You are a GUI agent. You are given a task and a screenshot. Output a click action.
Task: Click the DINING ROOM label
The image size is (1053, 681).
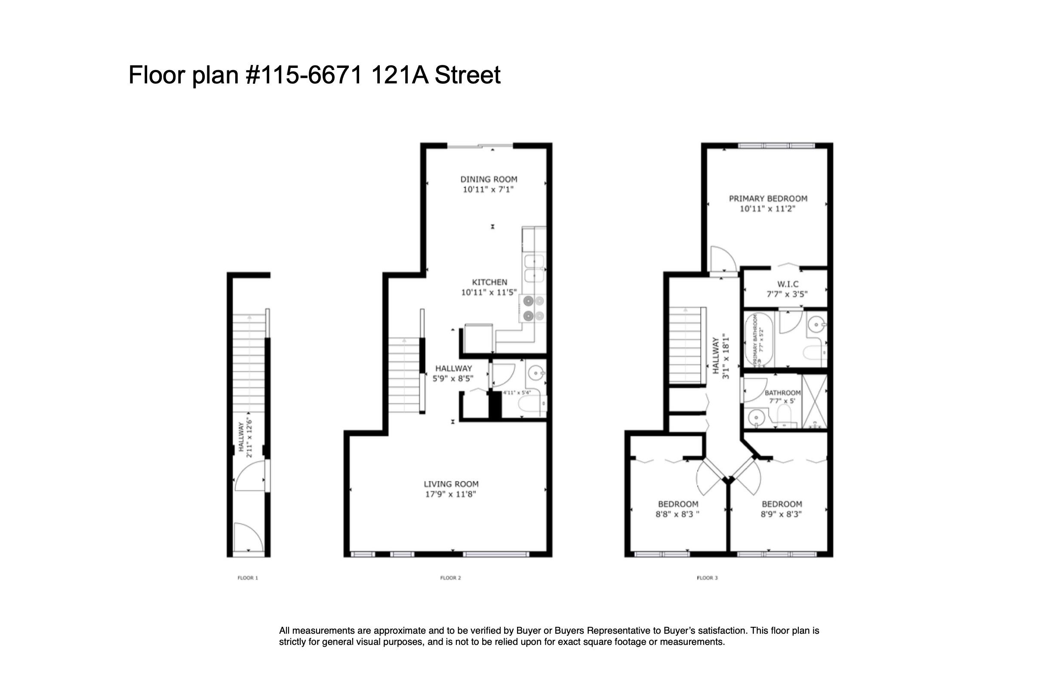tap(489, 179)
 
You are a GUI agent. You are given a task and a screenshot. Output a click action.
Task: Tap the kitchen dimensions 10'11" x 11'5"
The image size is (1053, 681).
tap(489, 292)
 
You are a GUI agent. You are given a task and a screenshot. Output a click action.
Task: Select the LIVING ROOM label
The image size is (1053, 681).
tap(451, 484)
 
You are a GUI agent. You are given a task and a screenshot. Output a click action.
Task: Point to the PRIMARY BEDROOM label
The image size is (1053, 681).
tap(768, 199)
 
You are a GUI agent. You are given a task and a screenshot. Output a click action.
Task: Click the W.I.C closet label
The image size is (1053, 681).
tap(788, 284)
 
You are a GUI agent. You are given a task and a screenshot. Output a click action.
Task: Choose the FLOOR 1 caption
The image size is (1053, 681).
tap(248, 577)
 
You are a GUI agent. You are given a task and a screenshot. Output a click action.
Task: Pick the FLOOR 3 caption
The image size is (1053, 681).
tap(707, 577)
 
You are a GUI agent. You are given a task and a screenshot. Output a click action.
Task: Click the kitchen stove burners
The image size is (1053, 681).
tap(533, 309)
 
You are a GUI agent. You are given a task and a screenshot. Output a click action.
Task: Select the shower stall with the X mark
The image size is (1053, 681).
tap(815, 401)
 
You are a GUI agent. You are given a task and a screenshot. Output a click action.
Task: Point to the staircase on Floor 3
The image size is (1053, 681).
tap(686, 345)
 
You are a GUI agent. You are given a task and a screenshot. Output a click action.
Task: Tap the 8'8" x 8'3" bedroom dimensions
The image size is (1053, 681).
tap(677, 514)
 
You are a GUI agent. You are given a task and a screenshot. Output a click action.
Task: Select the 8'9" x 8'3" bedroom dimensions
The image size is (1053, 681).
tap(781, 514)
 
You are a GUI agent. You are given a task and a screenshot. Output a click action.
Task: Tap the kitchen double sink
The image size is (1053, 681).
tap(534, 268)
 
